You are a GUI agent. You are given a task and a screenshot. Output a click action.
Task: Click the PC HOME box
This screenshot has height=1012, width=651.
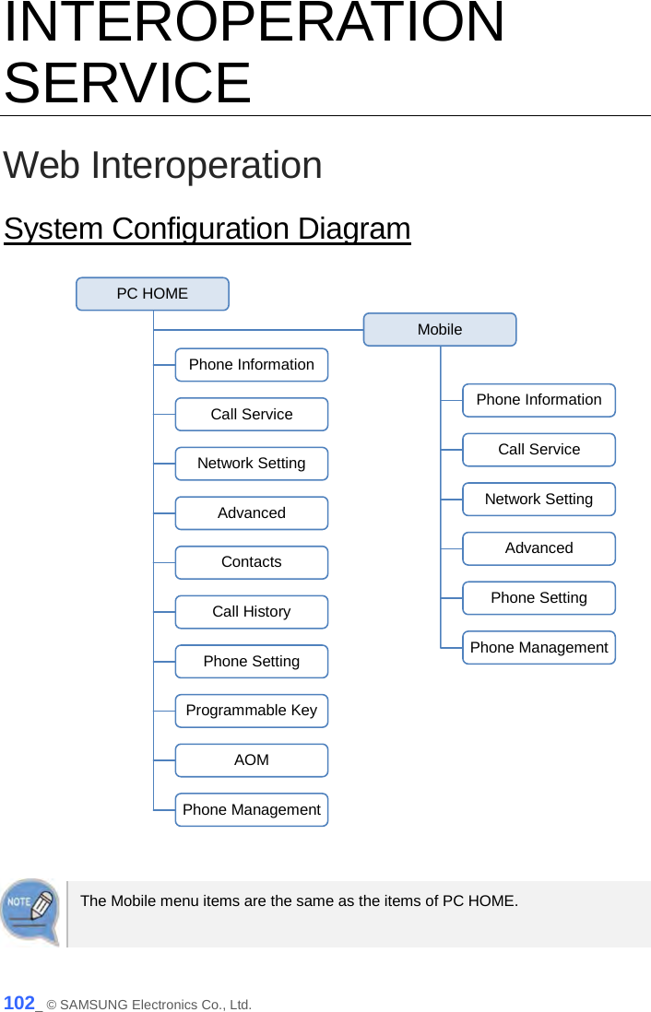click(152, 294)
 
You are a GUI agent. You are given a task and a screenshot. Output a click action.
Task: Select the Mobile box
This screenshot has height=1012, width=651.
click(440, 329)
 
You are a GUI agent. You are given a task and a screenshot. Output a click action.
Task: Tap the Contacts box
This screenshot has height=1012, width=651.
click(252, 562)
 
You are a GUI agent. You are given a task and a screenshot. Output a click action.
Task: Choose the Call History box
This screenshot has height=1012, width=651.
click(252, 612)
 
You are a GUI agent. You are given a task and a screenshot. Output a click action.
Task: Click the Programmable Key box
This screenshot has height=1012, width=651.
click(252, 711)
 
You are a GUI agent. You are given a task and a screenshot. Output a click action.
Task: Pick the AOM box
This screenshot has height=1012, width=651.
click(252, 760)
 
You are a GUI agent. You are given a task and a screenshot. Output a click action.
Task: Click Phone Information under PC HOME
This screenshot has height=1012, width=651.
click(252, 365)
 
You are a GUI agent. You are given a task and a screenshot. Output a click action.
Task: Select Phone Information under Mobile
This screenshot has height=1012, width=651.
click(539, 400)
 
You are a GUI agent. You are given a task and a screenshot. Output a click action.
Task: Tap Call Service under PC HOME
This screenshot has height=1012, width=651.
click(252, 415)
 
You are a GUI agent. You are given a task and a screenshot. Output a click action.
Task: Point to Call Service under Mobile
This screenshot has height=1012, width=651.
click(539, 450)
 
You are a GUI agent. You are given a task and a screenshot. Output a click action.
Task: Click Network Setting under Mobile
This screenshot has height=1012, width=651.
click(539, 500)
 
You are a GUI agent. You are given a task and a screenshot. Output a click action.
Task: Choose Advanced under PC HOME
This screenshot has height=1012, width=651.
click(252, 513)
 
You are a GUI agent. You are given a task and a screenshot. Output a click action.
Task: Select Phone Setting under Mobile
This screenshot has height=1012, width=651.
click(539, 598)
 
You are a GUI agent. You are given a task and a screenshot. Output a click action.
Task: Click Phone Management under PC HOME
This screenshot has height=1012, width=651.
click(252, 810)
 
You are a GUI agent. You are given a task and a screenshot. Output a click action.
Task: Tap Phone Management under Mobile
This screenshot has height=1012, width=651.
click(539, 648)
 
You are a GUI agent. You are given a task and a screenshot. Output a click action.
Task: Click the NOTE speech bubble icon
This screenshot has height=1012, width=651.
click(30, 911)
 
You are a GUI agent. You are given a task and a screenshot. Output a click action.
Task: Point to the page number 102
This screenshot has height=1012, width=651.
click(19, 1003)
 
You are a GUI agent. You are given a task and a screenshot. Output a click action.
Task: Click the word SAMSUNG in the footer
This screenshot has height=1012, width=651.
click(94, 1005)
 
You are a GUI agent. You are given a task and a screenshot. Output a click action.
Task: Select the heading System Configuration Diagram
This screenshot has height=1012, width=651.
click(207, 229)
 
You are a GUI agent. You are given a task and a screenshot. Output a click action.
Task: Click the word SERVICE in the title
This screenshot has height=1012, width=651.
click(127, 82)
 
